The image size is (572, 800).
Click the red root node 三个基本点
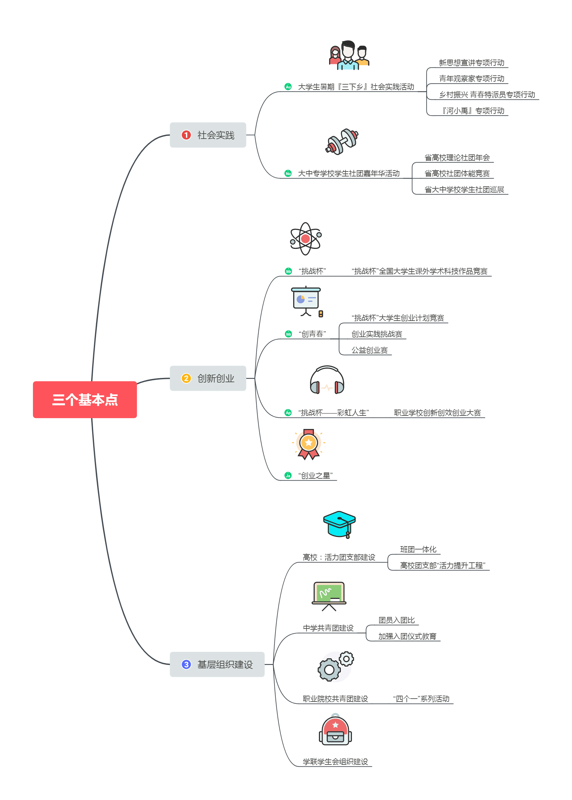click(85, 399)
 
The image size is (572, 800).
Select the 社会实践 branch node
click(208, 135)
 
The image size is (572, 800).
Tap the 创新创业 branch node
click(208, 378)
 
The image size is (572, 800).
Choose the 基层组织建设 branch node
click(217, 664)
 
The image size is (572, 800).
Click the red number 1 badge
click(186, 135)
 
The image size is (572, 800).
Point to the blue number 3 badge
click(186, 664)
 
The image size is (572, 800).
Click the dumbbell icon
click(341, 142)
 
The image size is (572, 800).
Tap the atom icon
click(305, 239)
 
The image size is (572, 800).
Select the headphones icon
click(327, 381)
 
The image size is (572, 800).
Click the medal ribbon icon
click(308, 444)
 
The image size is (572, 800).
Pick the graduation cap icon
click(339, 524)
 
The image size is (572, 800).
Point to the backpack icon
click(335, 730)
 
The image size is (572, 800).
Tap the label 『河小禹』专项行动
click(473, 111)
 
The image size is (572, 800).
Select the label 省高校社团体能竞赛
click(457, 173)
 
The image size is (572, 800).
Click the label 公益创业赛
click(370, 350)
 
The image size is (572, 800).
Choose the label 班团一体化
click(418, 549)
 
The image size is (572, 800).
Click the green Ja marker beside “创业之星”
click(288, 476)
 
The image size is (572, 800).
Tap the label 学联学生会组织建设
click(335, 761)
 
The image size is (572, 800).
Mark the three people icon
click(349, 56)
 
